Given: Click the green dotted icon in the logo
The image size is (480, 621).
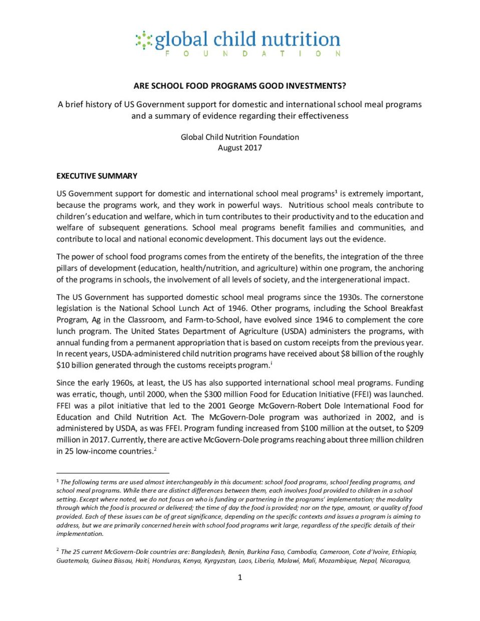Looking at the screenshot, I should click(x=144, y=40).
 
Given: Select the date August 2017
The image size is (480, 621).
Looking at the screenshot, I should click(x=239, y=148).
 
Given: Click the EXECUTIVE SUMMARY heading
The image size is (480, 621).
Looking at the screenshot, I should click(x=97, y=176).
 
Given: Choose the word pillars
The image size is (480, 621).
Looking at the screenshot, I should click(x=68, y=268).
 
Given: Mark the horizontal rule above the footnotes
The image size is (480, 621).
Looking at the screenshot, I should click(x=113, y=472).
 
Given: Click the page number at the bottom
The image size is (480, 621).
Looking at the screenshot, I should click(x=239, y=577).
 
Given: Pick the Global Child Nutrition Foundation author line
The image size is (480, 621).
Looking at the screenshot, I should click(x=239, y=137).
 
